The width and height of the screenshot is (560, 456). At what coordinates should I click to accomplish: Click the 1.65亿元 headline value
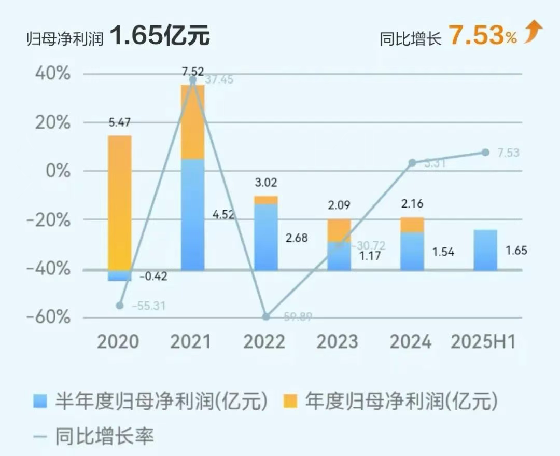pyautogui.click(x=159, y=37)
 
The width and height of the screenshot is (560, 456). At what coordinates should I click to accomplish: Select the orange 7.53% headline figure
pyautogui.click(x=482, y=36)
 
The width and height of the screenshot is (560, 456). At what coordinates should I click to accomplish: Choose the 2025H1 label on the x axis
pyautogui.click(x=483, y=342)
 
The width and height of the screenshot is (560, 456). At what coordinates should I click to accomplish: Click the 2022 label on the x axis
pyautogui.click(x=265, y=342)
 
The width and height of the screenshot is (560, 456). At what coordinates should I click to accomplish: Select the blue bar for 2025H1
pyautogui.click(x=485, y=250)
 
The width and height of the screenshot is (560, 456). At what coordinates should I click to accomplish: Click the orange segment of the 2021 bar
pyautogui.click(x=192, y=122)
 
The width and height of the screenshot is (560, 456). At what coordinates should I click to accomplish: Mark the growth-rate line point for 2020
pyautogui.click(x=120, y=306)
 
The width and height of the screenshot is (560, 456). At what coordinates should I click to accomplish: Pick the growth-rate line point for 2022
pyautogui.click(x=266, y=316)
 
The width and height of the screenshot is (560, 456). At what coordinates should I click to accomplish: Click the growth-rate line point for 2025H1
pyautogui.click(x=485, y=153)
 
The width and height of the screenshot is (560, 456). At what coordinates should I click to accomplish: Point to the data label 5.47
pyautogui.click(x=119, y=123)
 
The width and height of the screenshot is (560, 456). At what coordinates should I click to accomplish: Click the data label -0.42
pyautogui.click(x=153, y=277)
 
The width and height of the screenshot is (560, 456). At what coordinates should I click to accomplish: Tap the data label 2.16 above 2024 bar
pyautogui.click(x=412, y=204)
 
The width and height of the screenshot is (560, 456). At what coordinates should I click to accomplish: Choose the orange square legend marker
pyautogui.click(x=291, y=401)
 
